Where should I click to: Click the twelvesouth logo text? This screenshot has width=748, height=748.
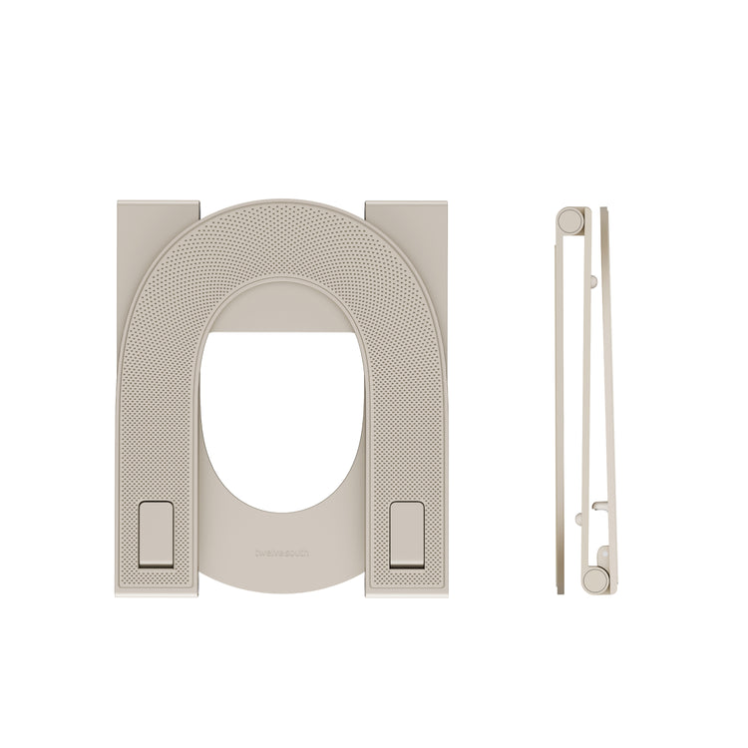[x=282, y=552]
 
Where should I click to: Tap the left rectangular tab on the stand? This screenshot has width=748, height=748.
[x=156, y=534]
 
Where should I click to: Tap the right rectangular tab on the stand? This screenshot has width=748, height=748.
[x=408, y=534]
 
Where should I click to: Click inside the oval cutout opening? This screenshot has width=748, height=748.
[x=281, y=419]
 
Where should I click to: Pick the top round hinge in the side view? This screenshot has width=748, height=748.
[x=569, y=219]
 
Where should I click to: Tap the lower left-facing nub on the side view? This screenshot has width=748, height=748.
[x=579, y=519]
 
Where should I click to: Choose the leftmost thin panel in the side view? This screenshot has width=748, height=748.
[x=558, y=399]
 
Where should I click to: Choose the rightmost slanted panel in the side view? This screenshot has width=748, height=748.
[x=608, y=399]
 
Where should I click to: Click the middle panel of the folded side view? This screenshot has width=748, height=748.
[x=586, y=399]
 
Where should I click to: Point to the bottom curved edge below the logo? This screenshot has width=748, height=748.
[x=282, y=588]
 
